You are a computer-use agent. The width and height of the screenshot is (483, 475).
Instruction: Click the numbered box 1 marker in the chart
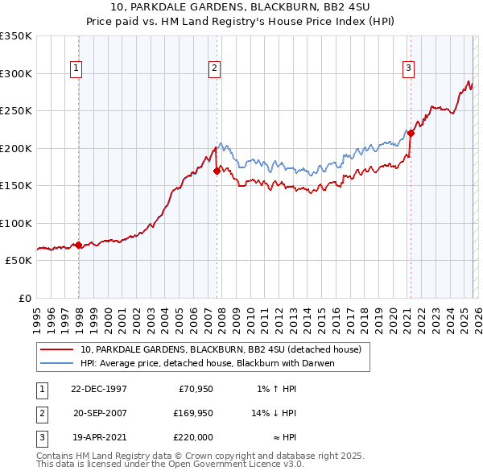tap(76, 69)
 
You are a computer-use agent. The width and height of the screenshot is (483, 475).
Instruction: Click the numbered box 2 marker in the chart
tap(215, 69)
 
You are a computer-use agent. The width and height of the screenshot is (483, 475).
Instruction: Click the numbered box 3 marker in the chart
tap(409, 69)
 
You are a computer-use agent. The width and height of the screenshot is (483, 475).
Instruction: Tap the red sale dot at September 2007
tap(217, 171)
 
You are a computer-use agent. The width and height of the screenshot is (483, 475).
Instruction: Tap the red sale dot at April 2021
tap(411, 134)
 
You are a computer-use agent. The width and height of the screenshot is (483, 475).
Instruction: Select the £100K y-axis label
tap(16, 223)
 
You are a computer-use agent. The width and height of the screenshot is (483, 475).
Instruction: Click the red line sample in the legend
tap(57, 349)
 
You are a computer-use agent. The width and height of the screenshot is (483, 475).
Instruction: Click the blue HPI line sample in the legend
tap(57, 363)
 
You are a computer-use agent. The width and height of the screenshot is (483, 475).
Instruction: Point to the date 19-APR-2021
tap(99, 437)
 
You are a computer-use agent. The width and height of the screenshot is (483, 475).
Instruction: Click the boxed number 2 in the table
tap(43, 413)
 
